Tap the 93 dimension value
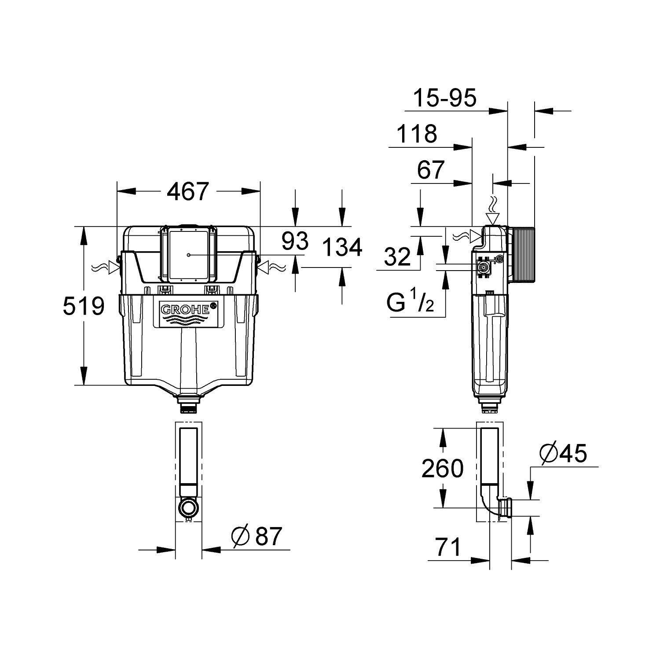click(295, 242)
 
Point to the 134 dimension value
click(342, 247)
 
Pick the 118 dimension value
click(417, 133)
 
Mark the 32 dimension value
click(397, 257)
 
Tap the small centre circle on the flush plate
click(188, 255)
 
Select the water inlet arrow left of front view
click(106, 267)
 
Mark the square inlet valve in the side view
click(484, 267)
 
